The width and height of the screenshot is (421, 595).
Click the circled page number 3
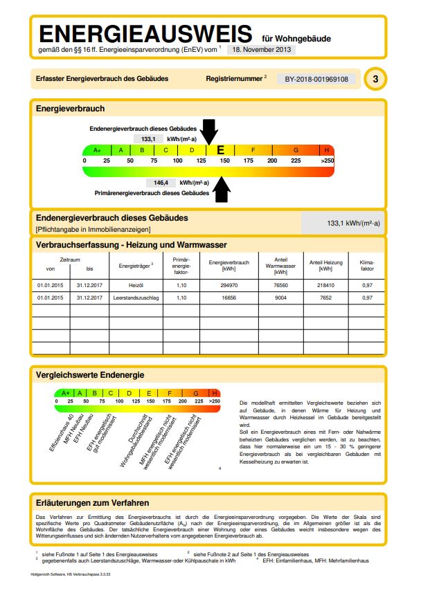375,79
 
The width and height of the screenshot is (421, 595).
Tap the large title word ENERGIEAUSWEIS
145,33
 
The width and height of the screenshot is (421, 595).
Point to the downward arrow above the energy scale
210,131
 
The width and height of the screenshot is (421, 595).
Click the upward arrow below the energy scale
222,188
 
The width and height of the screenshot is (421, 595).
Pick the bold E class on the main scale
220,149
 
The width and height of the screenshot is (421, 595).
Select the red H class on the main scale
327,149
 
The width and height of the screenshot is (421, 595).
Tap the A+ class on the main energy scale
97,149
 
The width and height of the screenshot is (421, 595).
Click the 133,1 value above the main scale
148,138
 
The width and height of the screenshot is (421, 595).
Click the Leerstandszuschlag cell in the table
135,297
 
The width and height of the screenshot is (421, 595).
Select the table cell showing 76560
280,284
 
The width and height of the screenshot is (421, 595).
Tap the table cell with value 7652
325,297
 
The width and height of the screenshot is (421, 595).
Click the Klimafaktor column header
367,265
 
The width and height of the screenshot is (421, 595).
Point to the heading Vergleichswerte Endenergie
90,374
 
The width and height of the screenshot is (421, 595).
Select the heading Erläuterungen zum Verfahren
92,502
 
